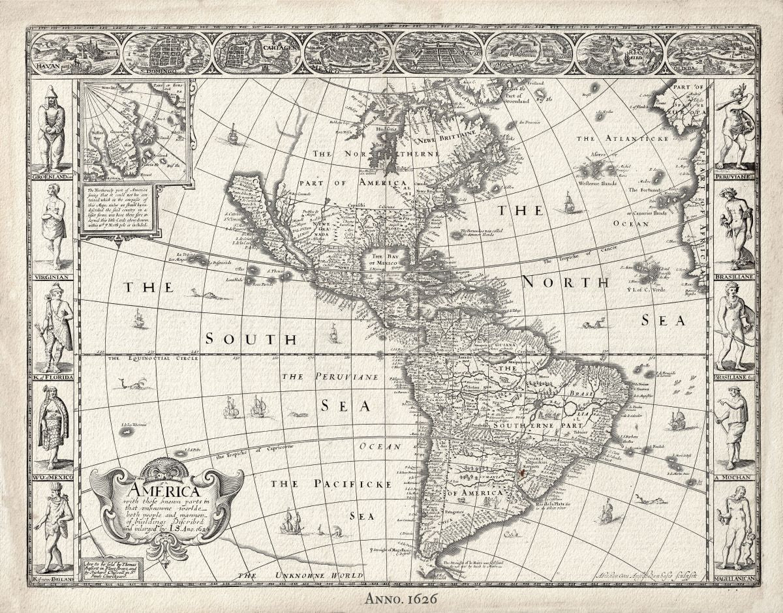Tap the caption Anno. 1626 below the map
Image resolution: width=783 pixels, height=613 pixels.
click(391, 597)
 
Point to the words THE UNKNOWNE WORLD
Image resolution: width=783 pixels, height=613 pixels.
click(299, 575)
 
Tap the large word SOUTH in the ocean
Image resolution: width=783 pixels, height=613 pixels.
click(251, 339)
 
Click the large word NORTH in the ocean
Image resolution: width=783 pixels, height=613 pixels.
click(565, 282)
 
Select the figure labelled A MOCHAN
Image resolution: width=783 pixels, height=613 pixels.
click(734, 427)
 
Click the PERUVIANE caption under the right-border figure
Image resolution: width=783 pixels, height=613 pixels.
click(734, 176)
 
